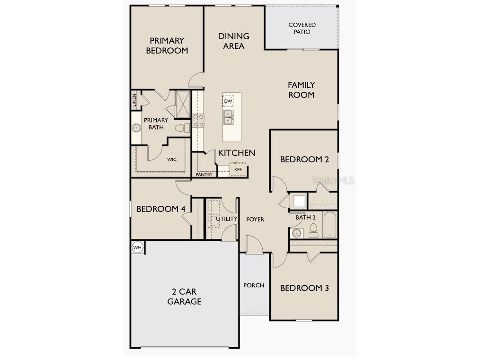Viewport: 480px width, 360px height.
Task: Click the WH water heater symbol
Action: [x=137, y=247]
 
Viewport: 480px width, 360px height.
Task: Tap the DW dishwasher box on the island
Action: [x=228, y=101]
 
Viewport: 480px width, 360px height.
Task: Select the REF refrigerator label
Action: [x=238, y=169]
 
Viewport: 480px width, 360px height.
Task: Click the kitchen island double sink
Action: [x=228, y=117]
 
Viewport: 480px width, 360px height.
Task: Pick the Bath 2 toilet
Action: [x=313, y=231]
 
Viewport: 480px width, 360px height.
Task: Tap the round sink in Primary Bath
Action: [x=136, y=127]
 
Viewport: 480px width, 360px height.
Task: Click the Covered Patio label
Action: [x=302, y=28]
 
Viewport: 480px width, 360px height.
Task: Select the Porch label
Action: [x=254, y=285]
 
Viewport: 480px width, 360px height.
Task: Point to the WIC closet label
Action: [x=171, y=159]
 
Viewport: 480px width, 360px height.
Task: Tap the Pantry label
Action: [x=204, y=175]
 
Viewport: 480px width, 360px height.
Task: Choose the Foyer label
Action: [x=255, y=220]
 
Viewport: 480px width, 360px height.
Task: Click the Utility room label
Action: [x=227, y=219]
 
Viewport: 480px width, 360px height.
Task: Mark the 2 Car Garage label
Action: [x=184, y=297]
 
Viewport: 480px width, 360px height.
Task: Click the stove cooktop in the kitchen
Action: [x=198, y=121]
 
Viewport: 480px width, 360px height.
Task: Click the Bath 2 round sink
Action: [x=297, y=233]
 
